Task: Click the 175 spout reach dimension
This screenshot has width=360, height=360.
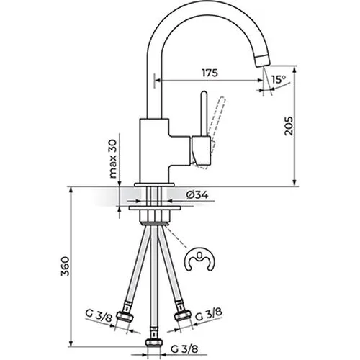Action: click(210, 73)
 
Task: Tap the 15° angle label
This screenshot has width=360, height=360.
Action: click(279, 79)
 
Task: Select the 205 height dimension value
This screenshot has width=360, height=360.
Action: click(289, 126)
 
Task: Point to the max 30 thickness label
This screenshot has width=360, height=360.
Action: click(113, 159)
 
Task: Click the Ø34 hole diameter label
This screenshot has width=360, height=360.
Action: click(197, 195)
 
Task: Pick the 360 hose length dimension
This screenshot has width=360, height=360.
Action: click(65, 266)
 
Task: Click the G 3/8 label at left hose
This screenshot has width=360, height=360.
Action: click(99, 316)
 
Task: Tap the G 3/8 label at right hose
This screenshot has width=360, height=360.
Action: click(208, 315)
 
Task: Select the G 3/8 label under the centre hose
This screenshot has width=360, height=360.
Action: click(184, 348)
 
